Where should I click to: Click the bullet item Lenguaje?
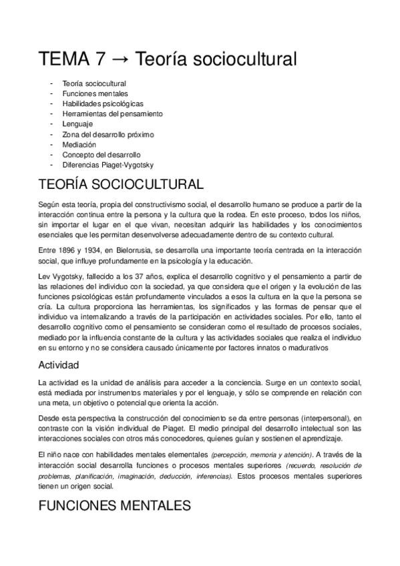pyautogui.click(x=77, y=124)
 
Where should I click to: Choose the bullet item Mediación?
pyautogui.click(x=79, y=144)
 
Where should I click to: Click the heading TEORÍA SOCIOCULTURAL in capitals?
pyautogui.click(x=121, y=184)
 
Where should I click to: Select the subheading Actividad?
pyautogui.click(x=59, y=365)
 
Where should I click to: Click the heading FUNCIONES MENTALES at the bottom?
pyautogui.click(x=115, y=505)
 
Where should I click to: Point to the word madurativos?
pyautogui.click(x=307, y=347)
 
